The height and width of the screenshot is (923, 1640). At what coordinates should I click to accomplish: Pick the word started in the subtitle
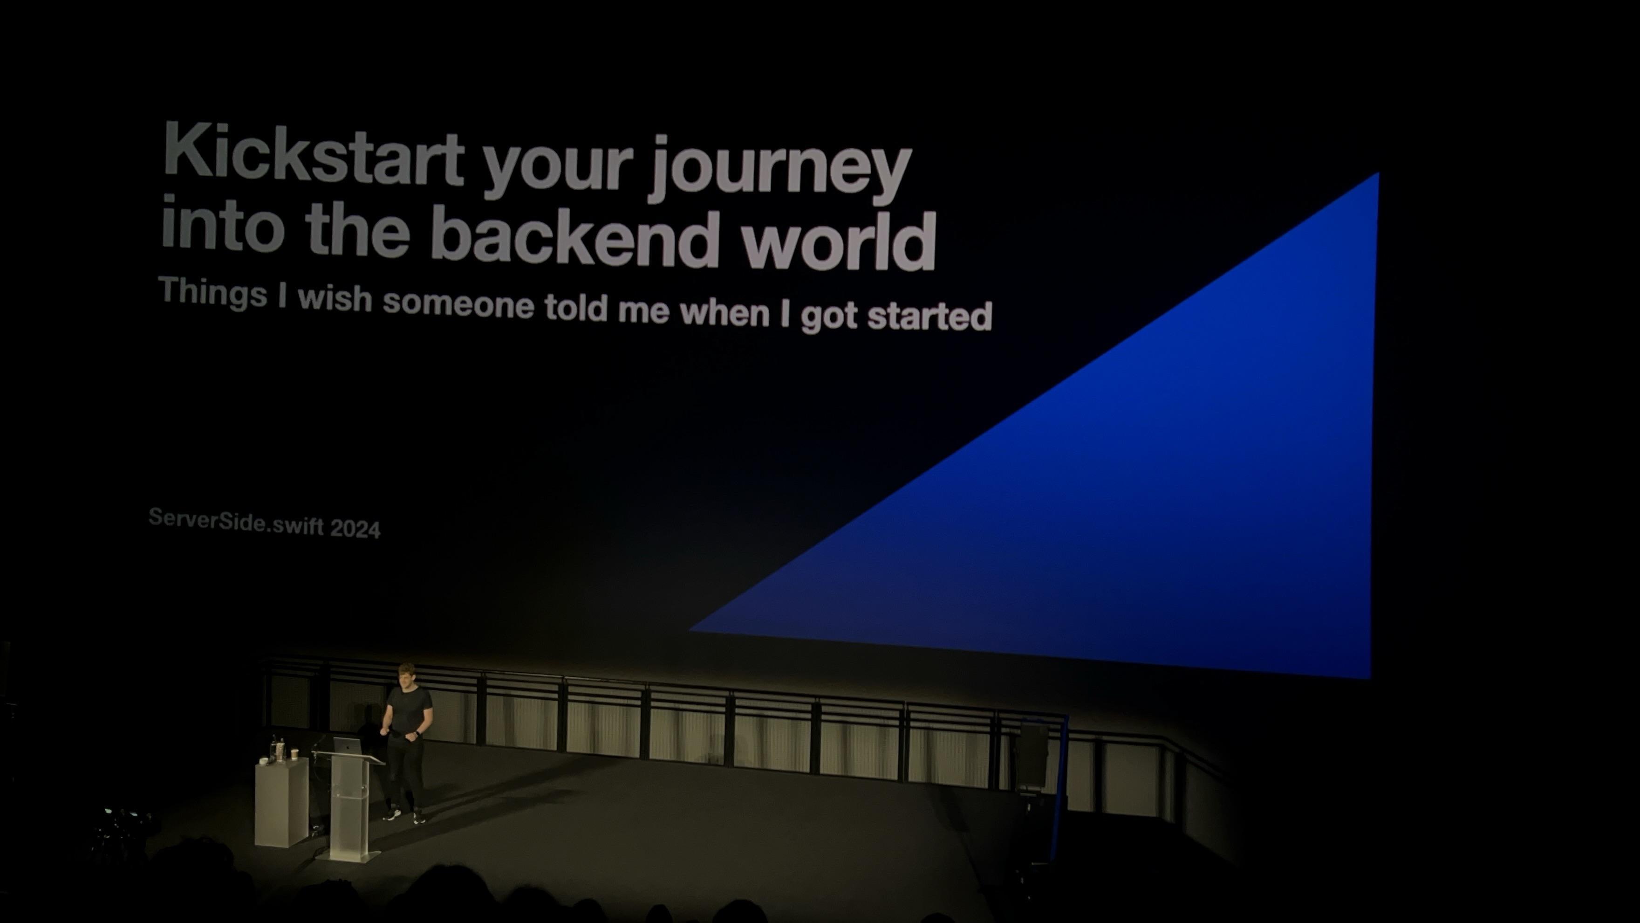(929, 315)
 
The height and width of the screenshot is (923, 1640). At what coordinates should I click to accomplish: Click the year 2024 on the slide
(355, 528)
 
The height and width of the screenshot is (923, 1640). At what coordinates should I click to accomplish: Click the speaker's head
(406, 676)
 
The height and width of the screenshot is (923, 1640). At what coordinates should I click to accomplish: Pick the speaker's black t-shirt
(408, 713)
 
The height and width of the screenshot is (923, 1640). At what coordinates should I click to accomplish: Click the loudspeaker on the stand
(1032, 755)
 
